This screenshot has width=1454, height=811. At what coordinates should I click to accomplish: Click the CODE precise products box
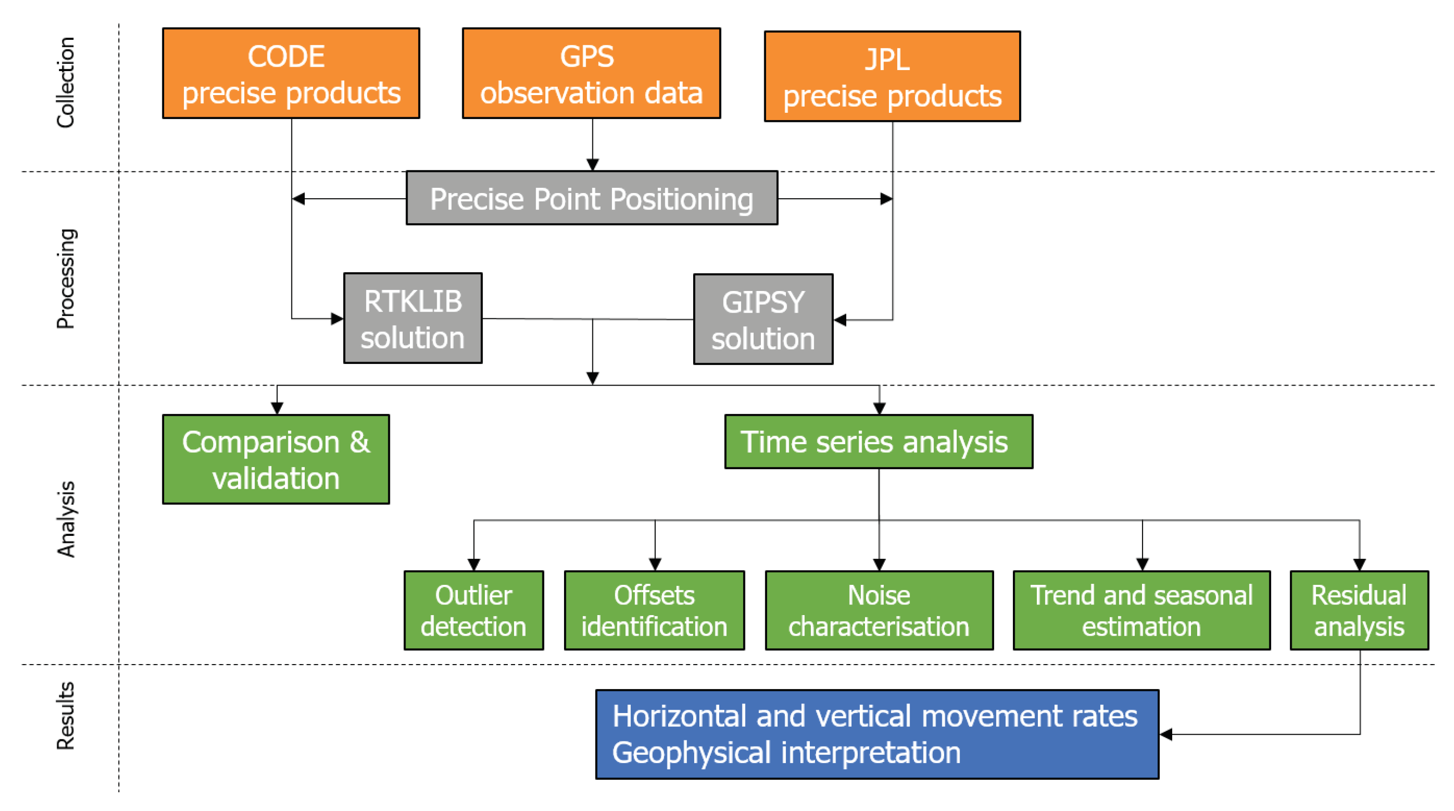[291, 73]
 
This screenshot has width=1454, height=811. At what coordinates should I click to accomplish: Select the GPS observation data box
[591, 73]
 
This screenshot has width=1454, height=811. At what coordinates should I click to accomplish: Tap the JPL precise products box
[892, 76]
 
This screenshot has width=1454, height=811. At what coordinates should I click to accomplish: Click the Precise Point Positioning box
[591, 198]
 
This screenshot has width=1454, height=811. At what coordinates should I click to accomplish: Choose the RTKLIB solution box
[413, 318]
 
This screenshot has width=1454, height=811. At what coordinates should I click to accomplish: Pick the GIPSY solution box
[763, 320]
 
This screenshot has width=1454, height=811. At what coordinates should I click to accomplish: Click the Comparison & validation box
[276, 459]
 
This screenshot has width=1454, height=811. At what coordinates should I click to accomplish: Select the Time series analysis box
[878, 442]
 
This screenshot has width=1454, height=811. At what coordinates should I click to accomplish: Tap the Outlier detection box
[474, 610]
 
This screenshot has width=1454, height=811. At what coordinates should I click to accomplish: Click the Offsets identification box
[654, 610]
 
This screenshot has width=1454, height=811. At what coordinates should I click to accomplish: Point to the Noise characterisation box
[879, 610]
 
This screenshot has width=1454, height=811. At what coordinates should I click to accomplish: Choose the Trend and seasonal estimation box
[1142, 610]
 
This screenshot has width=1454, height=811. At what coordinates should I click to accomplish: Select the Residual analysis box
[1358, 610]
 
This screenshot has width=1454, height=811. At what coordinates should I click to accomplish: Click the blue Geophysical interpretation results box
[877, 734]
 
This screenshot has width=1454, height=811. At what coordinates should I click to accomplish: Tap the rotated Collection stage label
[65, 83]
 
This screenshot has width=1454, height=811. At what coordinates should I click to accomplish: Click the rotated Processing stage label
[65, 278]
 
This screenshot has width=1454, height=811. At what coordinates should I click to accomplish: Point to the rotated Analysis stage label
[65, 519]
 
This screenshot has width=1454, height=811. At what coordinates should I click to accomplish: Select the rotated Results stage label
[65, 715]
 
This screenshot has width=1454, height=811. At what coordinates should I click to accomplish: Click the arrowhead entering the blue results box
[1166, 734]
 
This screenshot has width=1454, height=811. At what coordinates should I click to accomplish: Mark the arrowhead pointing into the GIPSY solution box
[840, 320]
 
